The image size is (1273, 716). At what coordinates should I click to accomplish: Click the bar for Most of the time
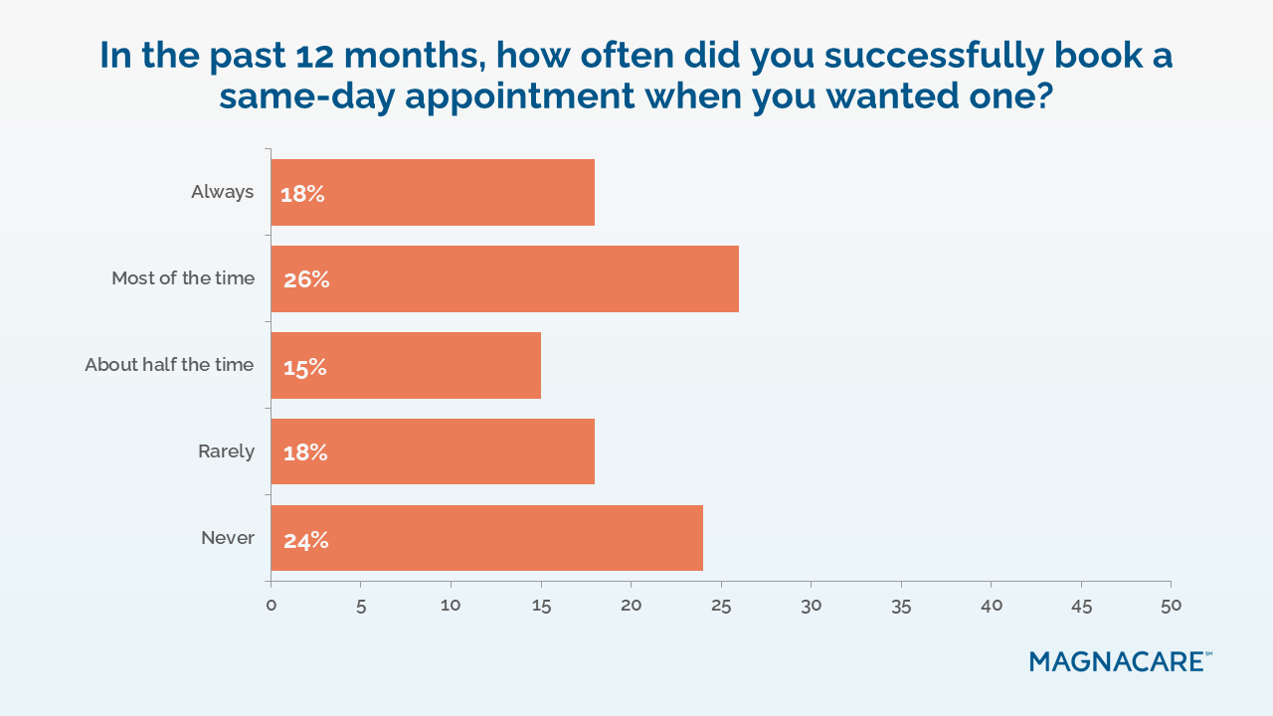(504, 279)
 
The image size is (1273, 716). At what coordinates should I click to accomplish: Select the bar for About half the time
(406, 366)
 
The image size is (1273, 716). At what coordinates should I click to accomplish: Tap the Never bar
(486, 538)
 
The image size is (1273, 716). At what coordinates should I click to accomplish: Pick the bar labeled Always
(433, 193)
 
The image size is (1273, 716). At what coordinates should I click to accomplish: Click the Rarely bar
(433, 451)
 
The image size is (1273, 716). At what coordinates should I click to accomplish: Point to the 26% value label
(306, 279)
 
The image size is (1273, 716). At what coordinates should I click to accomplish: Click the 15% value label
(303, 367)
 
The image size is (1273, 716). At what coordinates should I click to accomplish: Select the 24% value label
(305, 540)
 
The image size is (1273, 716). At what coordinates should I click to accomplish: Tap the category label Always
(223, 192)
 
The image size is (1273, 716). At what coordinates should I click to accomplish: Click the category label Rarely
(227, 451)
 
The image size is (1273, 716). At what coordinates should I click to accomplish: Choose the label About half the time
(169, 365)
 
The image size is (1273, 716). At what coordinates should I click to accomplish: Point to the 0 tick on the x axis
(271, 605)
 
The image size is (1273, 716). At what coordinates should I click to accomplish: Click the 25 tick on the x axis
(721, 605)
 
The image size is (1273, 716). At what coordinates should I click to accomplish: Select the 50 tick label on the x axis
(1171, 605)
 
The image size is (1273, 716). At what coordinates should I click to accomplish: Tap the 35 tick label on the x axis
(901, 605)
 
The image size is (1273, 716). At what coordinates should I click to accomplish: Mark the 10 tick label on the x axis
(451, 605)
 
